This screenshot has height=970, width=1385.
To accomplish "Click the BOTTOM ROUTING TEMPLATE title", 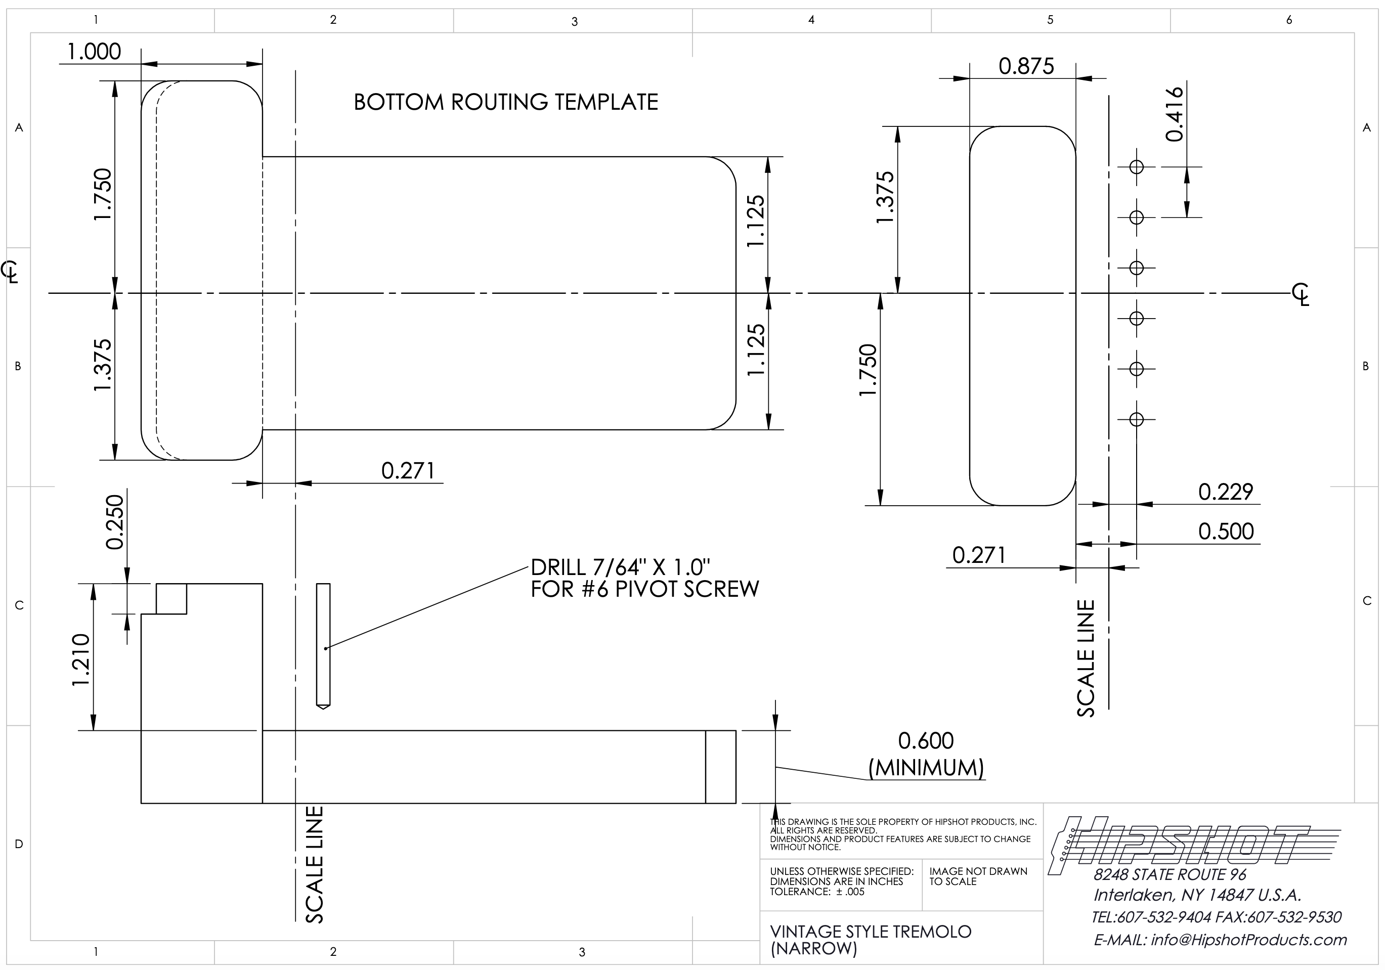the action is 505,102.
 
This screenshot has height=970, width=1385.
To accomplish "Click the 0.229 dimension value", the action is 1226,492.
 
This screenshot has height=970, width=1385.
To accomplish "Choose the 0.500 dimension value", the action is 1226,532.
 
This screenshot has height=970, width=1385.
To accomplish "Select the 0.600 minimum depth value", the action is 926,741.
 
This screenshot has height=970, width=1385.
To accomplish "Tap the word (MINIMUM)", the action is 926,768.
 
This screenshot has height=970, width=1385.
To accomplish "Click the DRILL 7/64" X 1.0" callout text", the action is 621,567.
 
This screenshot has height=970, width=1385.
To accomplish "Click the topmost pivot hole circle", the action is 1136,166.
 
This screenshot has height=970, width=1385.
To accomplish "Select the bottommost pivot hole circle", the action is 1136,419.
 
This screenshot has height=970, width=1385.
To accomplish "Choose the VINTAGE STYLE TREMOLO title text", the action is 871,932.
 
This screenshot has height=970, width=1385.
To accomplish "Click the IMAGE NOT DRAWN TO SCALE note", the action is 978,876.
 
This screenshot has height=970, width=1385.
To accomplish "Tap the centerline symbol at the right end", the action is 1301,293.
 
